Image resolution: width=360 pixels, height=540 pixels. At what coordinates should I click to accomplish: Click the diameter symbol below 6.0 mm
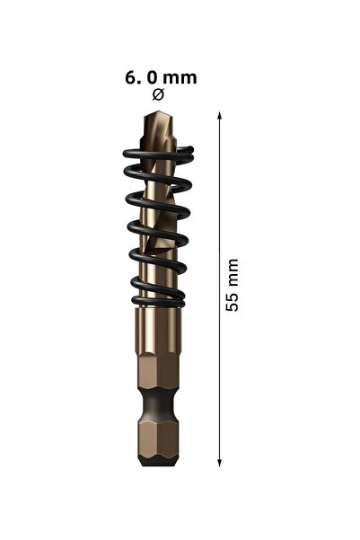158,94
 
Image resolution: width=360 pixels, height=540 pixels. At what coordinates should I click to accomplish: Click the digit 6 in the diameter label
131,78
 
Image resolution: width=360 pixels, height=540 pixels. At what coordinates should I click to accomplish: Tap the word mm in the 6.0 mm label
180,79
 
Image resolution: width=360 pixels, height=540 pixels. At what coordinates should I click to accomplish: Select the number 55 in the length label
233,302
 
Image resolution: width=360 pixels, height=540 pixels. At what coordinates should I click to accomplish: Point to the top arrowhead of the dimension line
220,116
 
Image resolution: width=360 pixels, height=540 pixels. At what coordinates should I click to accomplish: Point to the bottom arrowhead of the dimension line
220,462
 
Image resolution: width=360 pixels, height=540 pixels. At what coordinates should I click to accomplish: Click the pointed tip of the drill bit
156,112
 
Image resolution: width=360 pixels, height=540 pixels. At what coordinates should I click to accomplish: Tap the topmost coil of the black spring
158,154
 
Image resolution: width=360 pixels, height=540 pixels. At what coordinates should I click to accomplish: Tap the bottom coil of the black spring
158,300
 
